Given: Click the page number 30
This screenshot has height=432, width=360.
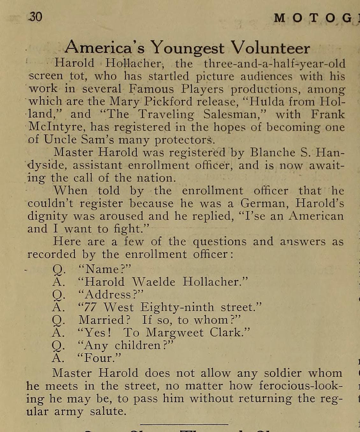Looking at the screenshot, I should [x=35, y=17].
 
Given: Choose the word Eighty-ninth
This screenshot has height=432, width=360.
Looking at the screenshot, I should [x=177, y=308].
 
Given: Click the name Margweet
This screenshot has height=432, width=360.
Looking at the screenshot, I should [x=174, y=333].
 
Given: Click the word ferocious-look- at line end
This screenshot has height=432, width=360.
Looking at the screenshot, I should [x=301, y=386].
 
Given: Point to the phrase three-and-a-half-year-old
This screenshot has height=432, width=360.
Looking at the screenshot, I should [x=274, y=64].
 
